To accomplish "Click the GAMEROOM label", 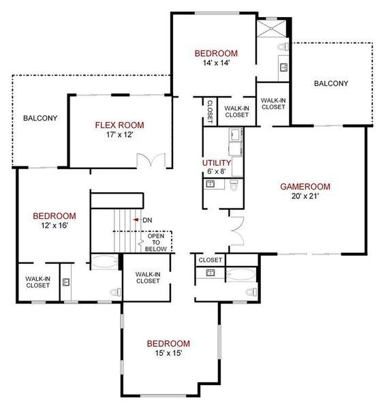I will pos(305,186).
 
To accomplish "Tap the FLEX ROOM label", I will pos(119,125).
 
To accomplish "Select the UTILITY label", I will pos(217,164).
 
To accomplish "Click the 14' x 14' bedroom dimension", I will pos(215,63).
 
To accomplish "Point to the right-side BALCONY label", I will pos(330,84).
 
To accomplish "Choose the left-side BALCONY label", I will pos(40,118).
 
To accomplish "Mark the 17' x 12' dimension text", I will pos(119,135).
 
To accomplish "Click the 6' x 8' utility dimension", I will pos(217,172).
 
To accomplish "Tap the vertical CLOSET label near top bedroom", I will pos(209,111).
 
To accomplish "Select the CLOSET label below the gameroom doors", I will pos(211,260).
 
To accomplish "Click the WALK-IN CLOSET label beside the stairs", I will pos(148,278).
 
